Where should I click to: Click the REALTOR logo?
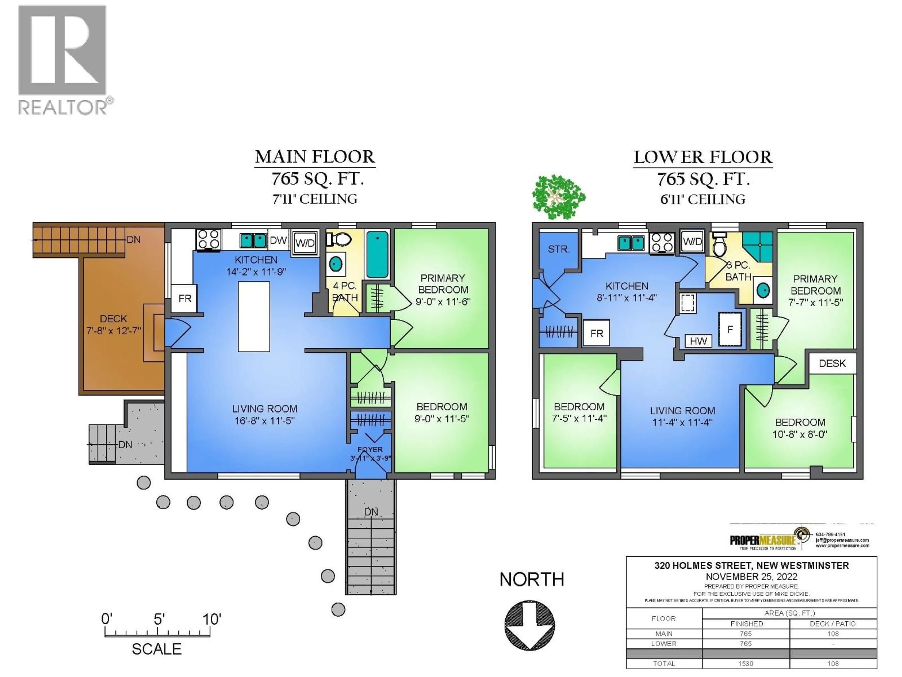coord(63,59)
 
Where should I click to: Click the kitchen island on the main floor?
coord(254,316)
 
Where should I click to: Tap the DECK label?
coord(113,319)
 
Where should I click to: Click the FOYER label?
coord(370,449)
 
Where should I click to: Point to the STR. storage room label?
coord(558,249)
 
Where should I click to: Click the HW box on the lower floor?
coord(698,341)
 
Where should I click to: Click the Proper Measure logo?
coord(769,540)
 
